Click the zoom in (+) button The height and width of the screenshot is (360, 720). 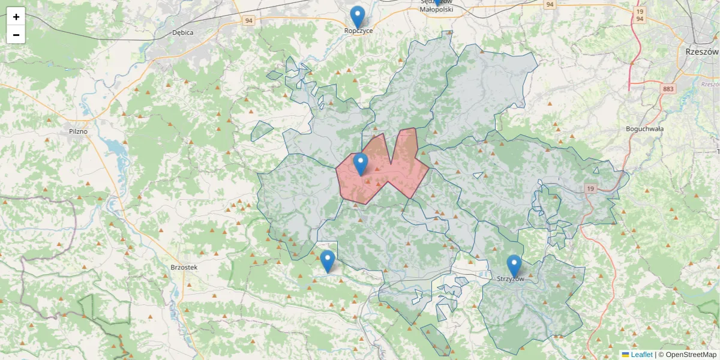click(x=16, y=17)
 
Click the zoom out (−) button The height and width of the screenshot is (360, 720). click(x=16, y=35)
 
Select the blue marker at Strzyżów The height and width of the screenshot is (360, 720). click(x=514, y=266)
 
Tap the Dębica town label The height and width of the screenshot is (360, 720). click(x=182, y=32)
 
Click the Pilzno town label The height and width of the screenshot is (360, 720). click(x=78, y=131)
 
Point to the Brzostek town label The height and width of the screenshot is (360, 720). click(x=184, y=268)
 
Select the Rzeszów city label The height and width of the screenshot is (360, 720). click(x=701, y=52)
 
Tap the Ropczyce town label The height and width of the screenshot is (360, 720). click(x=359, y=31)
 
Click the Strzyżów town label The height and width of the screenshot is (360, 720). click(x=511, y=280)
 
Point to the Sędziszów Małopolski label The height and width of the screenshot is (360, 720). click(x=436, y=6)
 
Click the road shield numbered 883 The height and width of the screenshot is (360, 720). click(x=668, y=89)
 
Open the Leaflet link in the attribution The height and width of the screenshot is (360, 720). click(x=641, y=355)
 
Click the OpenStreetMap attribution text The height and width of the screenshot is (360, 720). click(x=688, y=355)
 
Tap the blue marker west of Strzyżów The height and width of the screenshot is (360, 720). click(x=328, y=261)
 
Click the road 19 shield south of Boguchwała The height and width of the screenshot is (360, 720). click(x=591, y=189)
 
